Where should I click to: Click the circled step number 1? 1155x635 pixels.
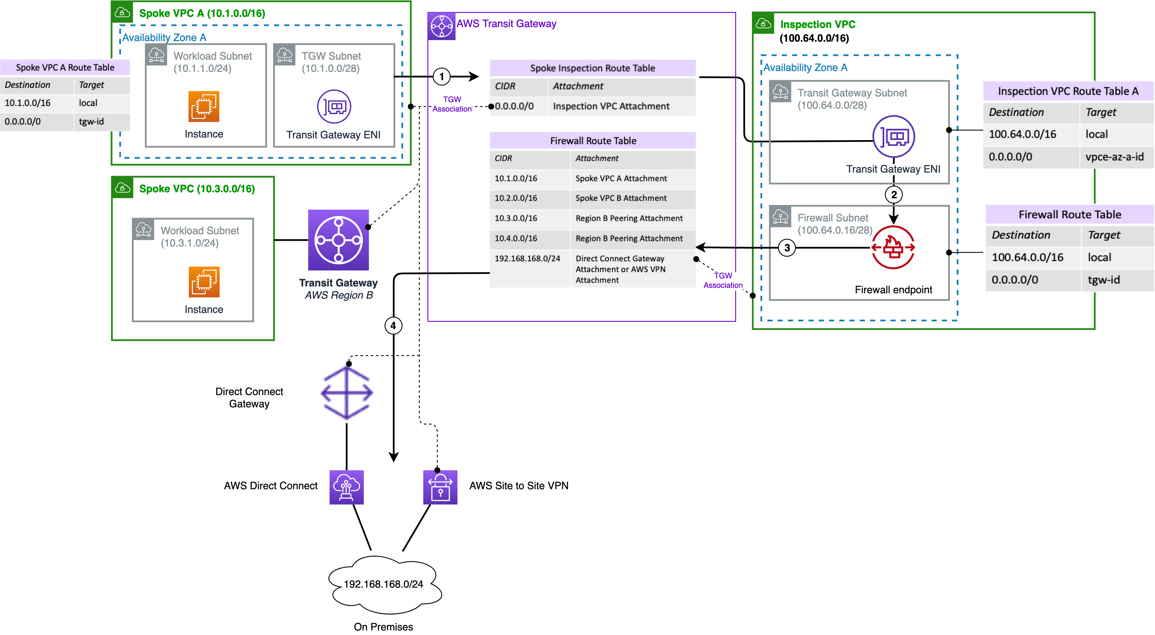click(x=442, y=77)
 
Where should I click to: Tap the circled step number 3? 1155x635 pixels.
click(x=787, y=248)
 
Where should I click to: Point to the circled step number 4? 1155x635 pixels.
click(x=393, y=326)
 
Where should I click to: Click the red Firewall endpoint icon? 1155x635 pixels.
click(x=893, y=247)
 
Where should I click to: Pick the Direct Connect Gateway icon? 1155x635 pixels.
click(x=347, y=393)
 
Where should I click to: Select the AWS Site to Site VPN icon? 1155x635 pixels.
click(x=440, y=487)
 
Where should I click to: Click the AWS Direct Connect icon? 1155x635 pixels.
click(x=347, y=487)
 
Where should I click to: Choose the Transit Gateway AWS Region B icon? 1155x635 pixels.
click(x=339, y=240)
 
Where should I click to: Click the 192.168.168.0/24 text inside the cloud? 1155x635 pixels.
click(x=383, y=584)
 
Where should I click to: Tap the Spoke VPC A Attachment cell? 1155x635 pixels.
click(x=621, y=179)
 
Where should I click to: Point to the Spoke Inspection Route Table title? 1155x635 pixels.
click(x=592, y=68)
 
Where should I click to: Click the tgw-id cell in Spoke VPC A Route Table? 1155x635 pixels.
click(x=91, y=122)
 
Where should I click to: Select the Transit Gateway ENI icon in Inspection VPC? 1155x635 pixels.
click(x=894, y=136)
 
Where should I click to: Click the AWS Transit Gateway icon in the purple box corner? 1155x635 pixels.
click(x=442, y=27)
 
